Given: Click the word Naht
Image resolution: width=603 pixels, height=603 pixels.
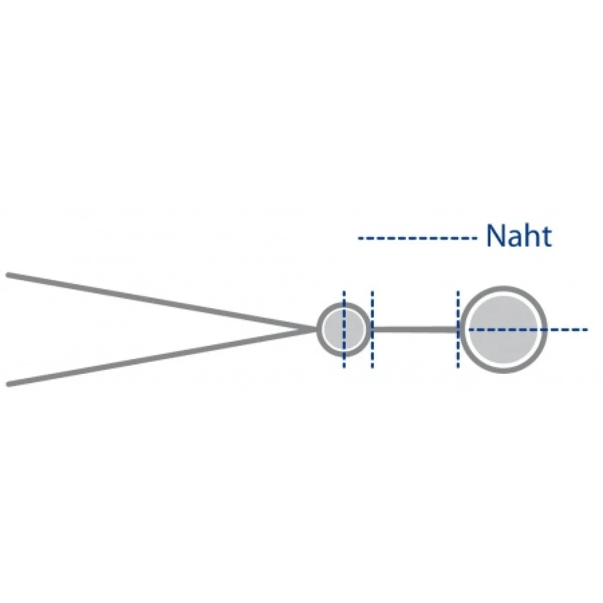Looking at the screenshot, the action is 519,236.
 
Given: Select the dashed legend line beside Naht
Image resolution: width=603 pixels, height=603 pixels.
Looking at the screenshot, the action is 418,239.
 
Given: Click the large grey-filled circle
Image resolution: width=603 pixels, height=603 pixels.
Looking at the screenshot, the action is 504,330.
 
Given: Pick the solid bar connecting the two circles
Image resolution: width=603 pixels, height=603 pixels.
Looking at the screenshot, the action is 415,330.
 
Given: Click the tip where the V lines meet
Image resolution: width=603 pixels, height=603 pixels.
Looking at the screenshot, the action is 305,329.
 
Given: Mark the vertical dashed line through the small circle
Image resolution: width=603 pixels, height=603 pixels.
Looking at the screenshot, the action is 344,330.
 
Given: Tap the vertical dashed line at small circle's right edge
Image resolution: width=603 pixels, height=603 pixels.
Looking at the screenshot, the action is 372,330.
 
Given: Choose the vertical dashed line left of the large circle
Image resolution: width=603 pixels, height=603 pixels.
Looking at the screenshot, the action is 458,330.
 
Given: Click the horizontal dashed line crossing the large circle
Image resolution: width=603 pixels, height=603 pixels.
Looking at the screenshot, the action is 528,329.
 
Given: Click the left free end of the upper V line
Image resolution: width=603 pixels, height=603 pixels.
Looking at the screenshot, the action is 8,275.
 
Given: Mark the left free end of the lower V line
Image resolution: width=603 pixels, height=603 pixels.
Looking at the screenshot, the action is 8,384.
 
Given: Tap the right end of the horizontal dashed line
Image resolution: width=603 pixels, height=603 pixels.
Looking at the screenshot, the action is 587,329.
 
